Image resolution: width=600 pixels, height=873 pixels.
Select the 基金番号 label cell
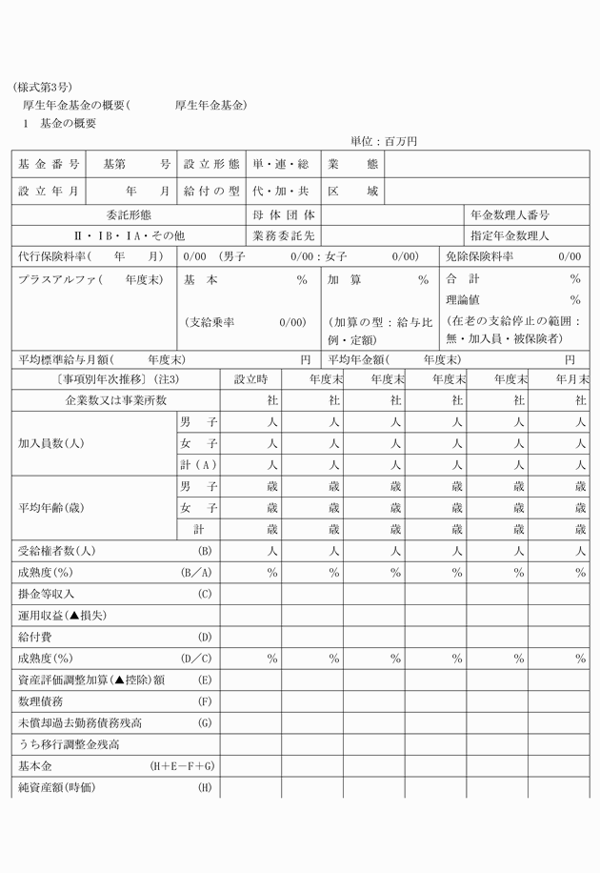[49, 164]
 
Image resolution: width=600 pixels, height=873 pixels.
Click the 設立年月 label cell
[49, 191]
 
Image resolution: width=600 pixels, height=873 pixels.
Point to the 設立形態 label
[211, 164]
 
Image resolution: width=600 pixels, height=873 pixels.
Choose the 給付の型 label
[211, 191]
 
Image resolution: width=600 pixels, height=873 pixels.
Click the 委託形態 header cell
[129, 215]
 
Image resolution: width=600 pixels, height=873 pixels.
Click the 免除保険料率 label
[480, 256]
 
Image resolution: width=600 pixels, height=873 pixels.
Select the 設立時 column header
[251, 379]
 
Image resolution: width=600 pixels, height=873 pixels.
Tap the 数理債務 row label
[40, 701]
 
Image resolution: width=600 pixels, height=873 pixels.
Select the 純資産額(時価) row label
[57, 788]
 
